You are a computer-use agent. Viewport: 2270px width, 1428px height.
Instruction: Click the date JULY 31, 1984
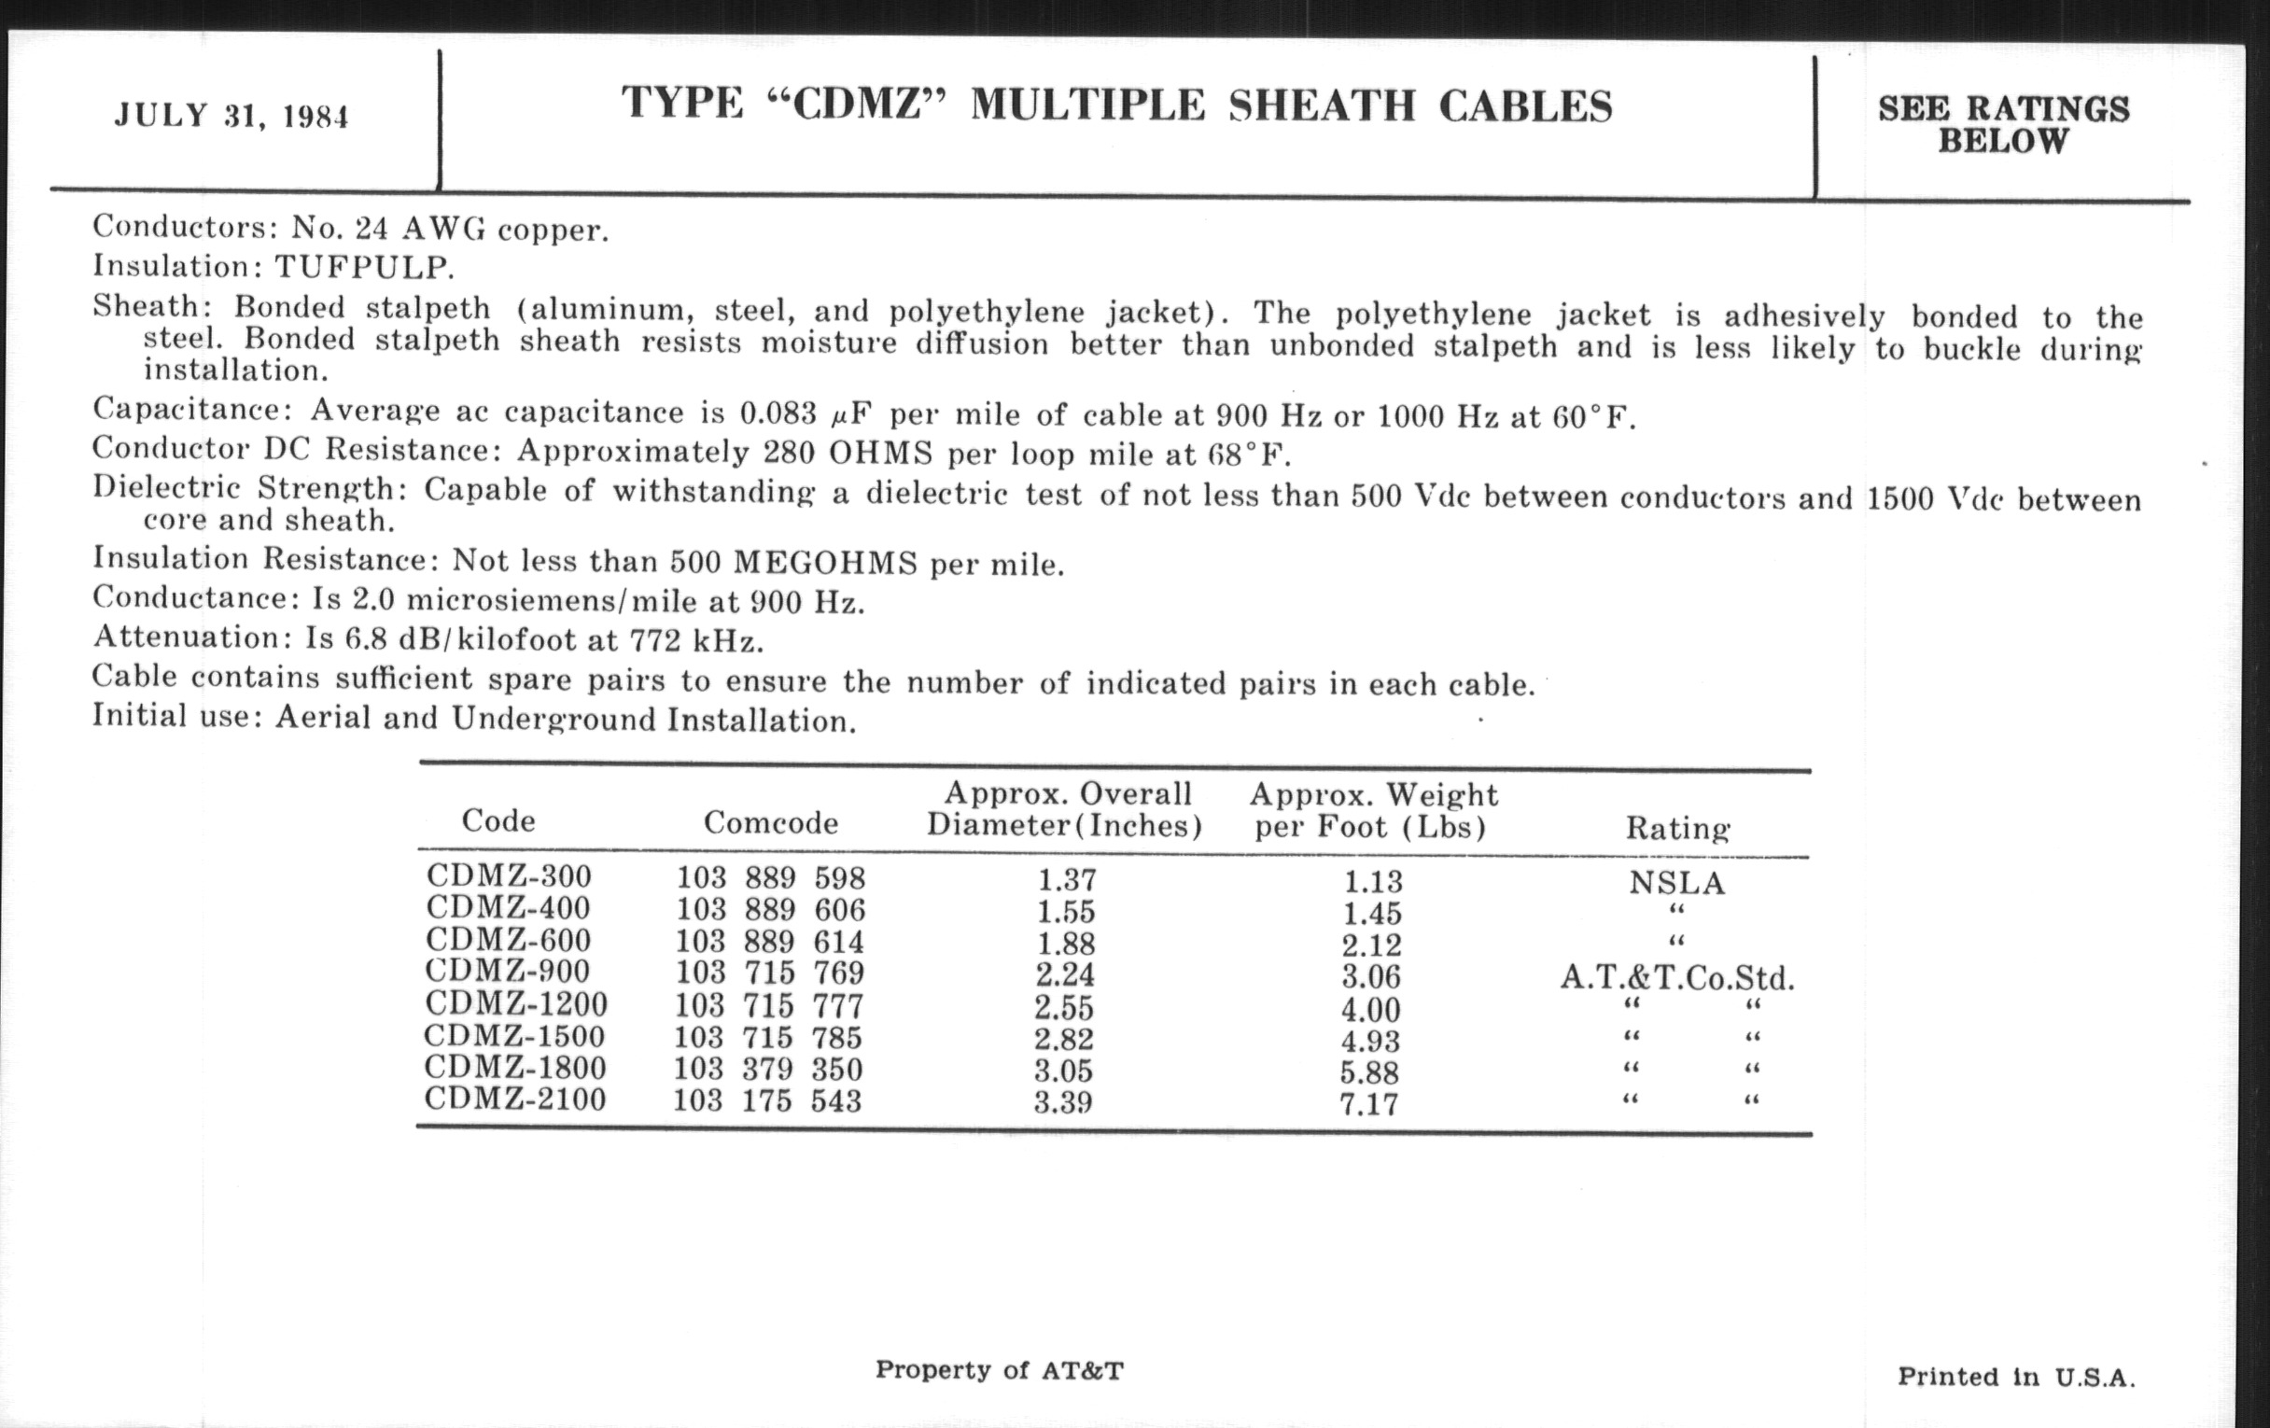[231, 116]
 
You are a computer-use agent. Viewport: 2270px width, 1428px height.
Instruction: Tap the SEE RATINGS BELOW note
[2003, 124]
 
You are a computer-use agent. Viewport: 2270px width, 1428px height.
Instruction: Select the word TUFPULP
[364, 268]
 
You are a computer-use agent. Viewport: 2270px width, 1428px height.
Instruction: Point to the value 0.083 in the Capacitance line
[778, 413]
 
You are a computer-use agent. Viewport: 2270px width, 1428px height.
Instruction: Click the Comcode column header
[770, 823]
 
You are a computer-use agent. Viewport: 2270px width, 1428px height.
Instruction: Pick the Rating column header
[1677, 829]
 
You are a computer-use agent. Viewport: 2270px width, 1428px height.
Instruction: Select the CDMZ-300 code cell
[509, 875]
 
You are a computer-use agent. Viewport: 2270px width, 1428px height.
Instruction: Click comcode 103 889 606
[770, 910]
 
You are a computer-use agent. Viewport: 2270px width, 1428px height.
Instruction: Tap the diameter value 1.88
[1066, 944]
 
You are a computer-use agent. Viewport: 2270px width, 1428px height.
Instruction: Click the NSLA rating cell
[1677, 883]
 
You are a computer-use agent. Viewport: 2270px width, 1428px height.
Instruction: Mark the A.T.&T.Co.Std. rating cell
[1677, 978]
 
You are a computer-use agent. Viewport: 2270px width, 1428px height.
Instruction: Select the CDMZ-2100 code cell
[514, 1099]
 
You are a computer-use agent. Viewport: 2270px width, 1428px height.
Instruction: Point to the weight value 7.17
[1368, 1104]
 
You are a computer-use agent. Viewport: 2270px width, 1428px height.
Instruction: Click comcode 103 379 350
[767, 1069]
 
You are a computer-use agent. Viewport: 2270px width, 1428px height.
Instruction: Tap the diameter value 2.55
[1063, 1008]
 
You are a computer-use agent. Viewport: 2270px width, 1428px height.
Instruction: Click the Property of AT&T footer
[1000, 1369]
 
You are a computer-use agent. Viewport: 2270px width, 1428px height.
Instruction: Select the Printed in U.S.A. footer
[2016, 1377]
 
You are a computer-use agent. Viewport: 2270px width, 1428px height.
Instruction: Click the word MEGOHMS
[825, 563]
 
